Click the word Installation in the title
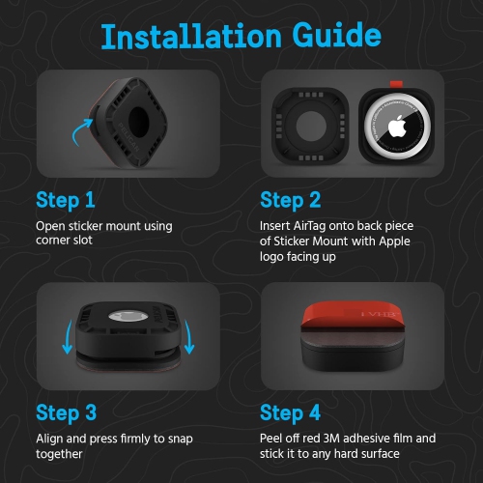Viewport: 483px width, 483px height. coord(191,36)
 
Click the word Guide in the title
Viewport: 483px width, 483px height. coord(337,36)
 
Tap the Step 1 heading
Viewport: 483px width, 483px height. coord(66,201)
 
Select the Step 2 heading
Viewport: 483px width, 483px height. coord(291,201)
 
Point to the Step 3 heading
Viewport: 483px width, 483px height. coord(66,413)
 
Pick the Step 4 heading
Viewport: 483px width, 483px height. coord(290,413)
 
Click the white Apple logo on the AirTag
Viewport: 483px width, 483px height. coord(396,127)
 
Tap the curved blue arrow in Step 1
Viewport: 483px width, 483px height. coord(80,131)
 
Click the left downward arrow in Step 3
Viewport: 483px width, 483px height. coord(68,337)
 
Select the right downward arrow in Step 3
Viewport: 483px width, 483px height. coord(189,337)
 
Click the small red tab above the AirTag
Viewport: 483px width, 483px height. coord(396,84)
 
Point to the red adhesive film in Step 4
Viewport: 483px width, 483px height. coord(353,316)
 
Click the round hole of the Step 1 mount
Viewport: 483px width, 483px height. coord(138,122)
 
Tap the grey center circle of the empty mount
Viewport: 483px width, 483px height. coord(310,126)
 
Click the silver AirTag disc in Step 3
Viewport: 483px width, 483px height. coord(128,316)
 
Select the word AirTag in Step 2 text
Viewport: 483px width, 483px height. coord(309,226)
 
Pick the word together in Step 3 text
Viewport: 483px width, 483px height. coord(59,454)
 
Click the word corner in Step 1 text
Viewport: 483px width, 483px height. coord(52,241)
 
